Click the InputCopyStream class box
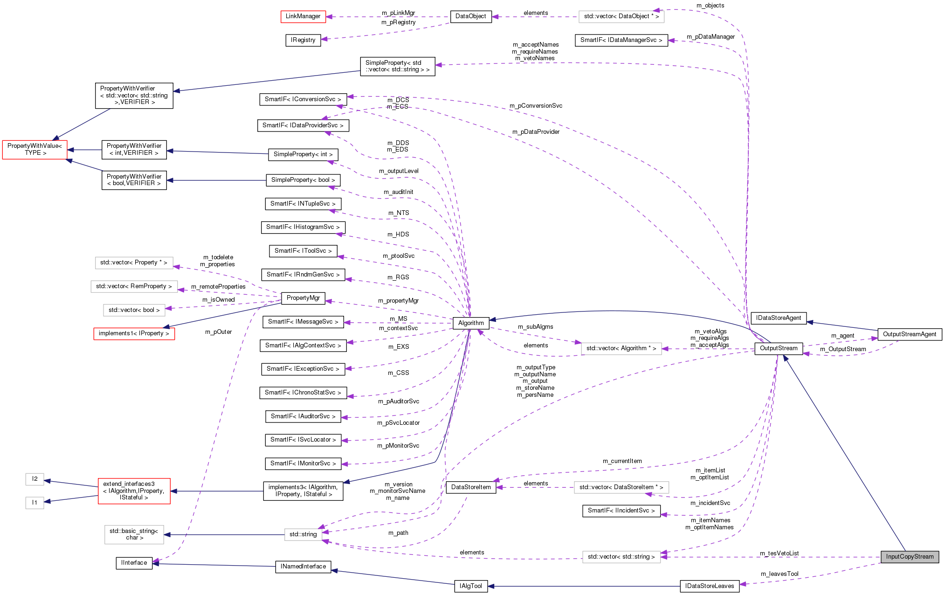coord(909,557)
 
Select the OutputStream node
coord(778,348)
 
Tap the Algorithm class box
coord(471,323)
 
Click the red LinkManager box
coord(303,16)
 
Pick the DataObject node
coord(470,16)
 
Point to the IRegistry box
coord(303,40)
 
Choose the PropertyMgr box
coord(303,298)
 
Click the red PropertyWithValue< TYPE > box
coord(35,150)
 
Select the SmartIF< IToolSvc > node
coord(303,251)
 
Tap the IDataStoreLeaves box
coord(709,586)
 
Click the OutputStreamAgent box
coord(909,334)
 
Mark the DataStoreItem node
coord(471,487)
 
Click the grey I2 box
coord(34,479)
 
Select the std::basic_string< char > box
coord(134,534)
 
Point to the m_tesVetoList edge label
coord(779,553)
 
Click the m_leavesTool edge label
coord(779,574)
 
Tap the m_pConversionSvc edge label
coord(536,106)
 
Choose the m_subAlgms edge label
coord(535,327)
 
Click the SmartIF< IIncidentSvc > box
coord(621,511)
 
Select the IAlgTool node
coord(471,586)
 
